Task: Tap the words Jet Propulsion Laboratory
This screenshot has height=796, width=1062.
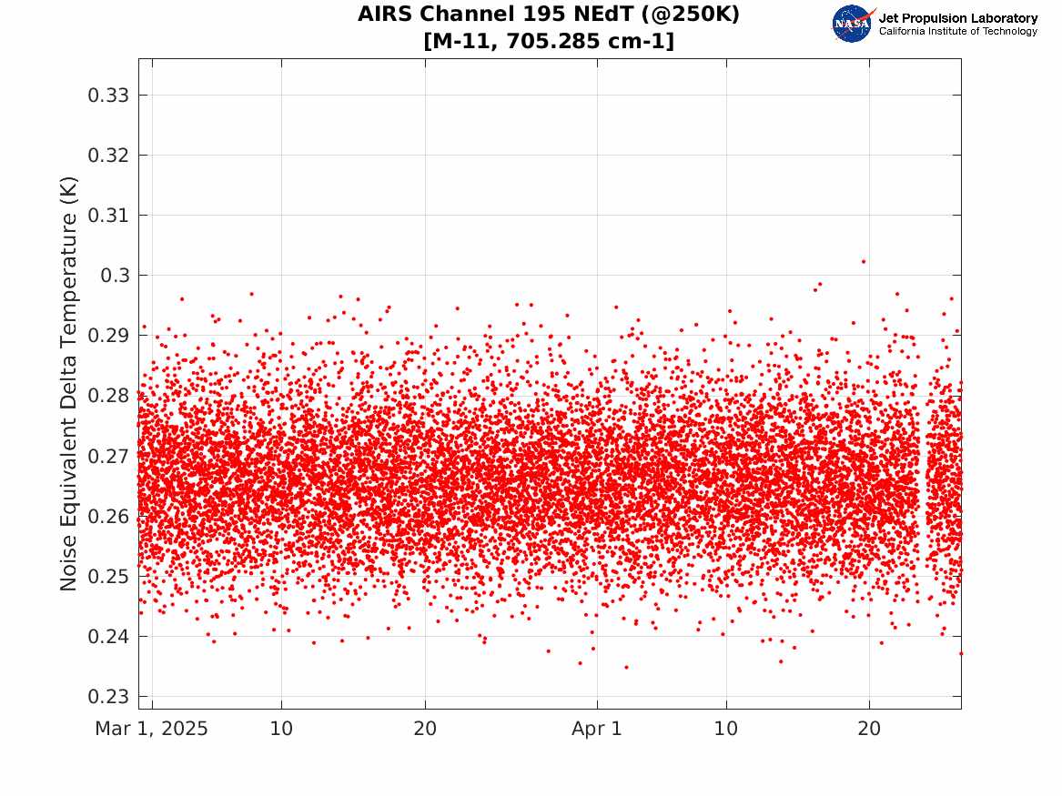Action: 958,18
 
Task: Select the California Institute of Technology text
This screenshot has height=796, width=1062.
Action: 958,31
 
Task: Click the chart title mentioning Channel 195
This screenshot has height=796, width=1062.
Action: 549,14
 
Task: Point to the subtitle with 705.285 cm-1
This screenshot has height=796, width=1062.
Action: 549,41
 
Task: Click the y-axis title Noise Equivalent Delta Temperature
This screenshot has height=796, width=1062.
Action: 68,384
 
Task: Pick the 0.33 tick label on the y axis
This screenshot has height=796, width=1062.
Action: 108,96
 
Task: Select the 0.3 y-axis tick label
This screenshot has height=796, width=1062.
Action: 116,276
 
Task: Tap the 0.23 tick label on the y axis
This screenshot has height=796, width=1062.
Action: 108,697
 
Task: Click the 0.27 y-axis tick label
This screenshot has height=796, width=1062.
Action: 108,456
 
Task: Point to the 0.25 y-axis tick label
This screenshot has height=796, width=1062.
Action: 108,577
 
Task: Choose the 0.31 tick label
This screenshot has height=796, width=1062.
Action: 108,216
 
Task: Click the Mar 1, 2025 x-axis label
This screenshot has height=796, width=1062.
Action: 152,729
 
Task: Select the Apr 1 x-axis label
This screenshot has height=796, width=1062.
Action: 597,729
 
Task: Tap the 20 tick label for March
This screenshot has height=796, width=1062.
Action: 425,729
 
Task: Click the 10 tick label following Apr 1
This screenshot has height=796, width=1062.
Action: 726,729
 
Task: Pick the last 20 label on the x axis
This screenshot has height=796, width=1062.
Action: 870,729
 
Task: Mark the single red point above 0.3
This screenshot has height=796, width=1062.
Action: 864,261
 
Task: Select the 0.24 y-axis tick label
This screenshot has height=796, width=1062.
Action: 108,637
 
